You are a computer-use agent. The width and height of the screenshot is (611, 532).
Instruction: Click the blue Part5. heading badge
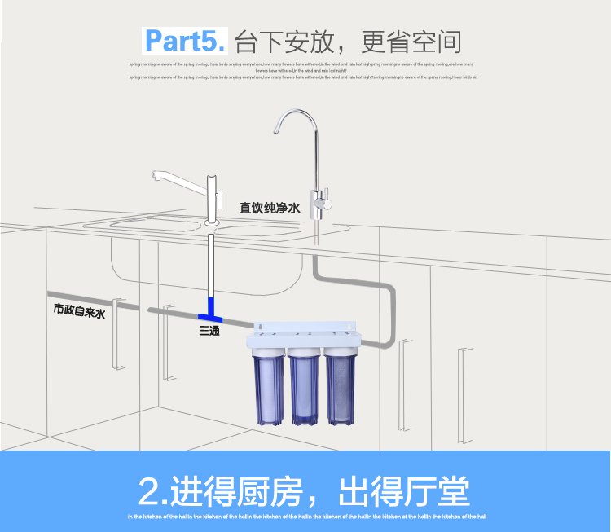tap(186, 40)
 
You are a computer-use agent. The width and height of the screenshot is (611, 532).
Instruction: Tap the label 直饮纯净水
tap(270, 209)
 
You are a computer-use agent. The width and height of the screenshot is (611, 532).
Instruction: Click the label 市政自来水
tap(80, 310)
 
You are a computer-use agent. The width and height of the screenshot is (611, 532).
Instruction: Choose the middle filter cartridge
tap(304, 384)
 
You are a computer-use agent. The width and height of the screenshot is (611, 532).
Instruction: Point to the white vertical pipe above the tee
tap(209, 265)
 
